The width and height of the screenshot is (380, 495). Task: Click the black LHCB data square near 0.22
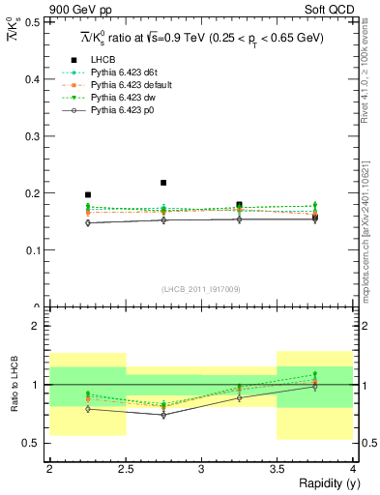[163, 183]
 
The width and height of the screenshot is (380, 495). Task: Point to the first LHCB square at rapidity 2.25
[88, 194]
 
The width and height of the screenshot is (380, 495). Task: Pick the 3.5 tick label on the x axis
[277, 469]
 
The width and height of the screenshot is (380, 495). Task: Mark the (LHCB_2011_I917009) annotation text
[201, 288]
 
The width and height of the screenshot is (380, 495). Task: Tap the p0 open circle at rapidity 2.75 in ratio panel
[163, 415]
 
